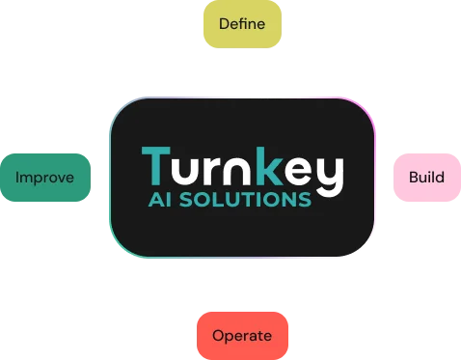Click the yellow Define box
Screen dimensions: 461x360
point(237,23)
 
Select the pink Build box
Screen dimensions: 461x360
point(426,178)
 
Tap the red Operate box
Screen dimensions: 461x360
point(241,336)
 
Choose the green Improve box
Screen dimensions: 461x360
point(38,178)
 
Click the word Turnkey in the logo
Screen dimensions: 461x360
point(241,170)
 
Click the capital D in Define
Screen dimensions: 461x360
point(224,23)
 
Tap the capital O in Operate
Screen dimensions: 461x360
point(218,336)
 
